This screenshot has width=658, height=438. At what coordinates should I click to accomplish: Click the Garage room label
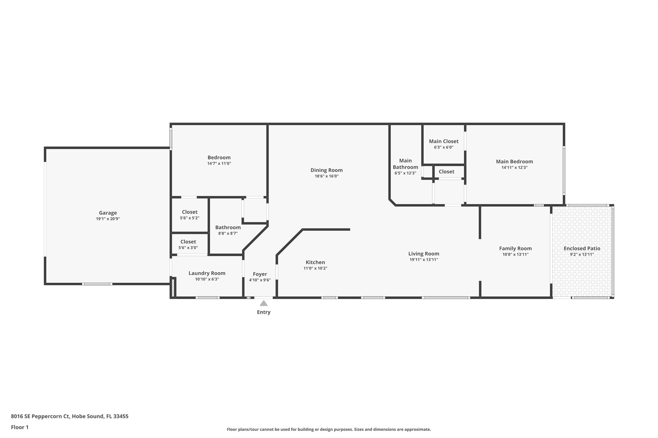pyautogui.click(x=108, y=213)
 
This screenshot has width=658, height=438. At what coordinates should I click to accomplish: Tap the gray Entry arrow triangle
pyautogui.click(x=263, y=303)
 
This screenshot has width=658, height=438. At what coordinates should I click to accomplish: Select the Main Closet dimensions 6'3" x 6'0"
pyautogui.click(x=443, y=147)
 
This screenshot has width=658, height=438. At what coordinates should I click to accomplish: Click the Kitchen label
pyautogui.click(x=315, y=262)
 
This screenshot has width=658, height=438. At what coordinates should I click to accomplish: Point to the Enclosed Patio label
pyautogui.click(x=582, y=248)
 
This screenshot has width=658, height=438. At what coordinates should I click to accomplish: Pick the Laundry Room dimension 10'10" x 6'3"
pyautogui.click(x=207, y=279)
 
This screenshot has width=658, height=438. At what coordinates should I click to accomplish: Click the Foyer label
pyautogui.click(x=260, y=274)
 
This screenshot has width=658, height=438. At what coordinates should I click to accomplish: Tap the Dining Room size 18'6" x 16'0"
pyautogui.click(x=326, y=176)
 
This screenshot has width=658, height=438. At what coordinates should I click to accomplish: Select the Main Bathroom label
pyautogui.click(x=405, y=164)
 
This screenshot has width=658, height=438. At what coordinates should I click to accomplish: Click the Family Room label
pyautogui.click(x=515, y=248)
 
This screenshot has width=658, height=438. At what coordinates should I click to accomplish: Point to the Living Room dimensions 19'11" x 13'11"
pyautogui.click(x=423, y=260)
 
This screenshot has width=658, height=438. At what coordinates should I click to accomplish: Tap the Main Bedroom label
pyautogui.click(x=514, y=161)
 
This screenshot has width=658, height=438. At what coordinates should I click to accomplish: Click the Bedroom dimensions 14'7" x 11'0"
pyautogui.click(x=219, y=163)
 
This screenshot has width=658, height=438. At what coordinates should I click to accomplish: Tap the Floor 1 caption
pyautogui.click(x=20, y=427)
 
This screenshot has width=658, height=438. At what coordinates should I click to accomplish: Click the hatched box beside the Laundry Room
pyautogui.click(x=173, y=288)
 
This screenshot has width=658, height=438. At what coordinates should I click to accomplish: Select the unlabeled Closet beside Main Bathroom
pyautogui.click(x=446, y=172)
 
